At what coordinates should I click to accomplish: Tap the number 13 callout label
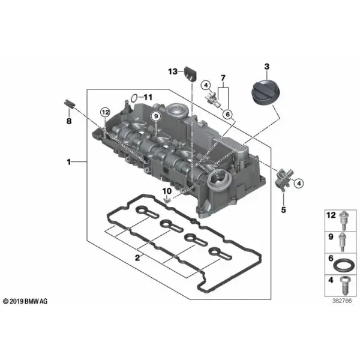click(x=173, y=71)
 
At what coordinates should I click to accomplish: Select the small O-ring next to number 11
click(x=134, y=98)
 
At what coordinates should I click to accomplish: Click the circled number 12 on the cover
click(x=105, y=113)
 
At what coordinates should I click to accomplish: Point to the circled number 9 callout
click(x=156, y=116)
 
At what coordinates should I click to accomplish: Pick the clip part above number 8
click(x=69, y=104)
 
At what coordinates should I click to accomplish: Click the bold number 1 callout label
click(x=68, y=162)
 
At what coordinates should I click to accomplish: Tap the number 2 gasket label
click(x=137, y=258)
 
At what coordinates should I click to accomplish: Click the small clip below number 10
click(x=167, y=200)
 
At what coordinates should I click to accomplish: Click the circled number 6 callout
click(x=228, y=114)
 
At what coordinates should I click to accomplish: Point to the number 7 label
click(x=223, y=78)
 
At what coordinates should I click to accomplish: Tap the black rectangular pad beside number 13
click(x=191, y=73)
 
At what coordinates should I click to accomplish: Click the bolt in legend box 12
click(x=344, y=220)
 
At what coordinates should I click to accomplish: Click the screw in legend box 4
click(x=344, y=286)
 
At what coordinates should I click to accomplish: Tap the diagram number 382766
click(x=342, y=301)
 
